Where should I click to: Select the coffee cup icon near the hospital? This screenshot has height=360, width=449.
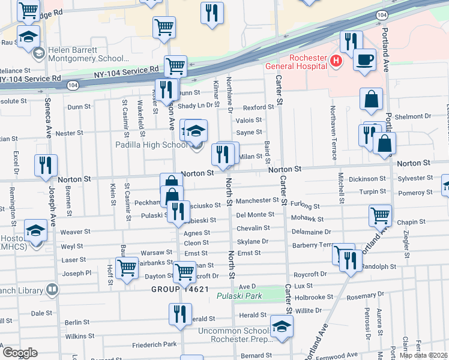click(x=364, y=60)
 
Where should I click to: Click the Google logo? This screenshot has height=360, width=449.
click(x=20, y=352)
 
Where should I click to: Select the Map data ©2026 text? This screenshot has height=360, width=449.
click(x=424, y=355)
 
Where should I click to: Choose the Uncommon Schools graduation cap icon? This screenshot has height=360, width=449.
click(x=280, y=326)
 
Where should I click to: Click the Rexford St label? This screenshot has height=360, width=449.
click(x=258, y=107)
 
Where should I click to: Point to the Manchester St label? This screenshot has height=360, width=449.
click(x=255, y=201)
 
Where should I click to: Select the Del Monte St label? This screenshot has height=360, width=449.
click(x=255, y=214)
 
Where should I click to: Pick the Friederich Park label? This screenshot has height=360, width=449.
click(x=155, y=344)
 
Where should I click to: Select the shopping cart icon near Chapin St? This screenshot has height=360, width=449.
click(x=380, y=215)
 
